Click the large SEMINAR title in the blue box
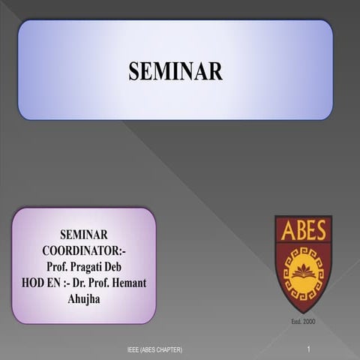click(175, 71)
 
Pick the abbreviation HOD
click(28, 282)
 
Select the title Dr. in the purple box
click(82, 282)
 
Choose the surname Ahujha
click(85, 298)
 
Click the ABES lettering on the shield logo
click(303, 231)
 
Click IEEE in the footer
click(134, 350)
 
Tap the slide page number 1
click(308, 349)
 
